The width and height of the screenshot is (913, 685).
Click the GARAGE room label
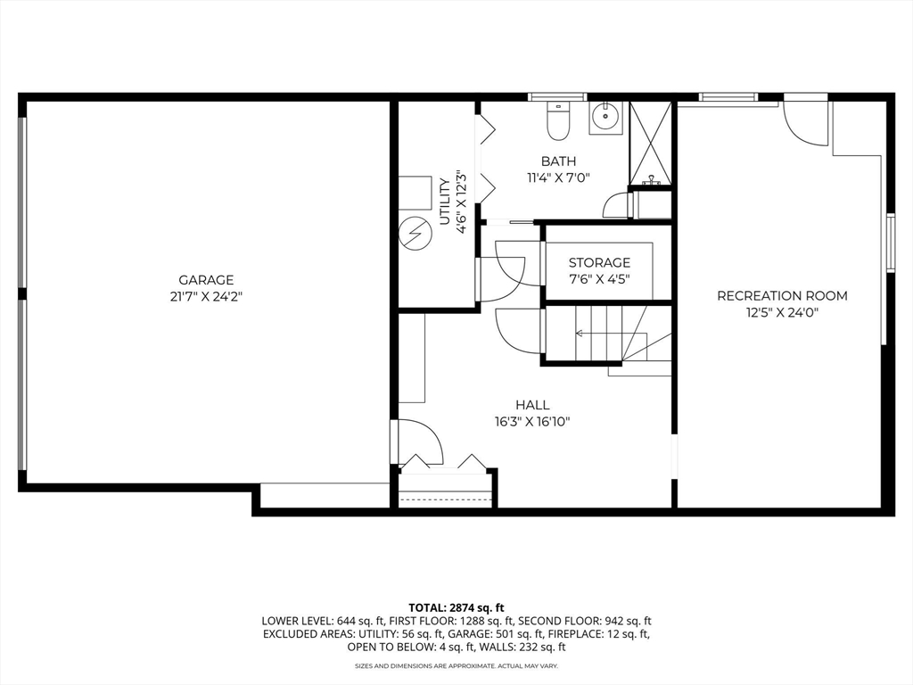coord(206,279)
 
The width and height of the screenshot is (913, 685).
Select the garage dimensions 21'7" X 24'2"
coord(206,296)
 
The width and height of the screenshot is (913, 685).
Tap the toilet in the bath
coord(558,122)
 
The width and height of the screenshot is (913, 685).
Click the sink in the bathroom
coord(607,114)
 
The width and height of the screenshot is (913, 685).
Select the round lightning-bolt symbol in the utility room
coord(413,234)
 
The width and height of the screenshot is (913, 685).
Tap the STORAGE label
coord(599,262)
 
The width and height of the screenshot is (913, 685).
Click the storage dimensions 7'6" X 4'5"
coord(599,278)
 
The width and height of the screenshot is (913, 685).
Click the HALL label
coord(532,405)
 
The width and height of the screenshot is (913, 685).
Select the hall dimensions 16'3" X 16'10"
coord(532,422)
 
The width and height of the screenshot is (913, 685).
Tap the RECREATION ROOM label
coord(782,295)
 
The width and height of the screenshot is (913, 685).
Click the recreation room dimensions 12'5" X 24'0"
coord(782,312)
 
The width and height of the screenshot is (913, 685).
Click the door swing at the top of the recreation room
coord(804,123)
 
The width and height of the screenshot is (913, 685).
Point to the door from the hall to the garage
coord(417,442)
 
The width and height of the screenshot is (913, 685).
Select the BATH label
coord(558,161)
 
